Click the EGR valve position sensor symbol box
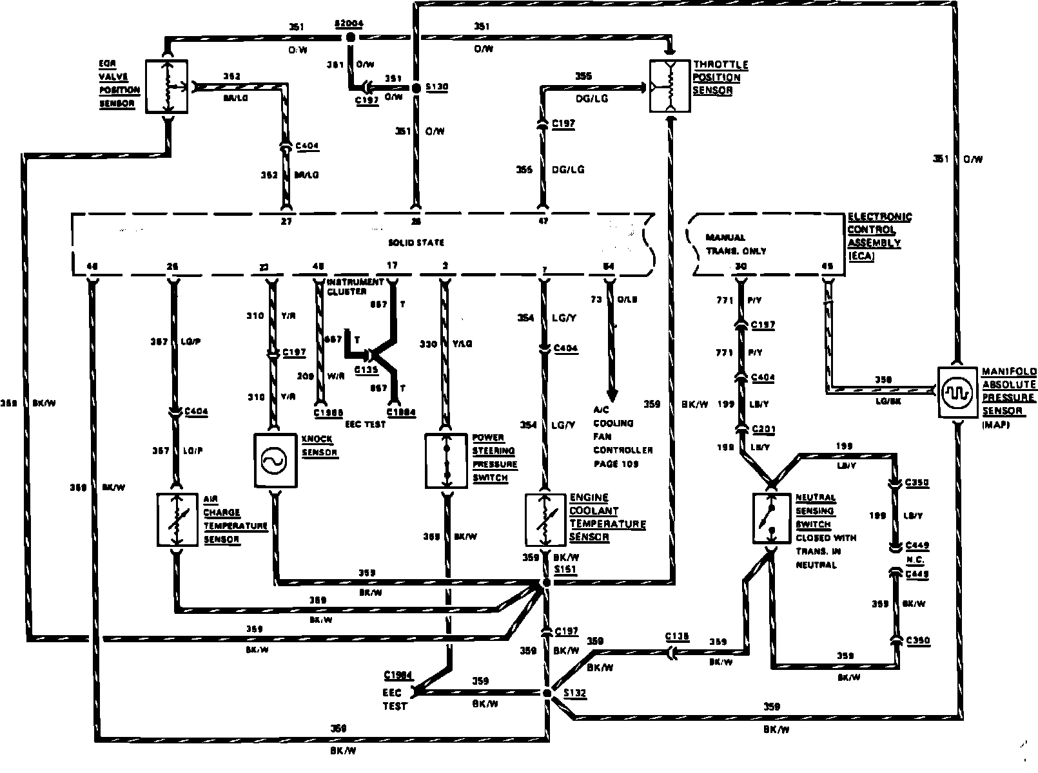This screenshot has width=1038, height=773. (166, 86)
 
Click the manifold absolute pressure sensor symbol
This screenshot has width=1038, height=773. (957, 392)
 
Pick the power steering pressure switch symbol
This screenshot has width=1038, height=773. (446, 461)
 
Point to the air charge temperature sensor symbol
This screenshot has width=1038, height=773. (176, 520)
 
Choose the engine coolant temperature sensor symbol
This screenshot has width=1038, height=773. (545, 519)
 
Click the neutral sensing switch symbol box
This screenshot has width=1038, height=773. (772, 519)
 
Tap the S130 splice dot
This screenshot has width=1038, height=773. (416, 87)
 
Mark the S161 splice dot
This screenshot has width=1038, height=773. (546, 582)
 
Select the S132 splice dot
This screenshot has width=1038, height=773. (547, 693)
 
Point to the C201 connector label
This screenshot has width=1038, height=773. (763, 430)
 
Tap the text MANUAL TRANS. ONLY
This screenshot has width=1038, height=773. (735, 243)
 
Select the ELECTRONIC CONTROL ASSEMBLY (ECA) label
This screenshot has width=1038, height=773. (879, 236)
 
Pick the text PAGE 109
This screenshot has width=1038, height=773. (616, 464)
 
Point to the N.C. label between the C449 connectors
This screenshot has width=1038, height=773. (915, 559)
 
